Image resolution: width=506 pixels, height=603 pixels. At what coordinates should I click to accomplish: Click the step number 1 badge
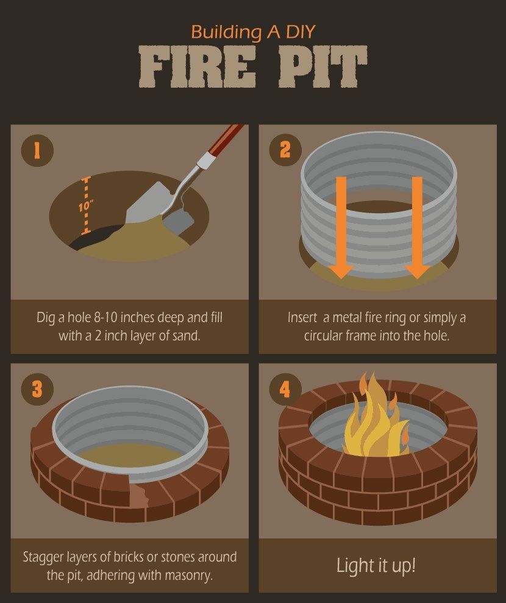tap(37, 150)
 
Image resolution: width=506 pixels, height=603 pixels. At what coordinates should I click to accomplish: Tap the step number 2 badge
tap(285, 150)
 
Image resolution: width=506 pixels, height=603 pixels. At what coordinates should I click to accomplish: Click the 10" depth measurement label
tap(85, 206)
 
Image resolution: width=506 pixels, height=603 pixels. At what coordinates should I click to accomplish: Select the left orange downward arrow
tap(341, 228)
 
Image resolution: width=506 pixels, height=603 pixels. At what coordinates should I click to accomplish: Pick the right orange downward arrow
tap(418, 228)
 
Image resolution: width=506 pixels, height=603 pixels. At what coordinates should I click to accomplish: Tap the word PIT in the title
tap(322, 70)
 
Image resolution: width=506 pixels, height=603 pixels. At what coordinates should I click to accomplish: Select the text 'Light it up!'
tap(376, 565)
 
